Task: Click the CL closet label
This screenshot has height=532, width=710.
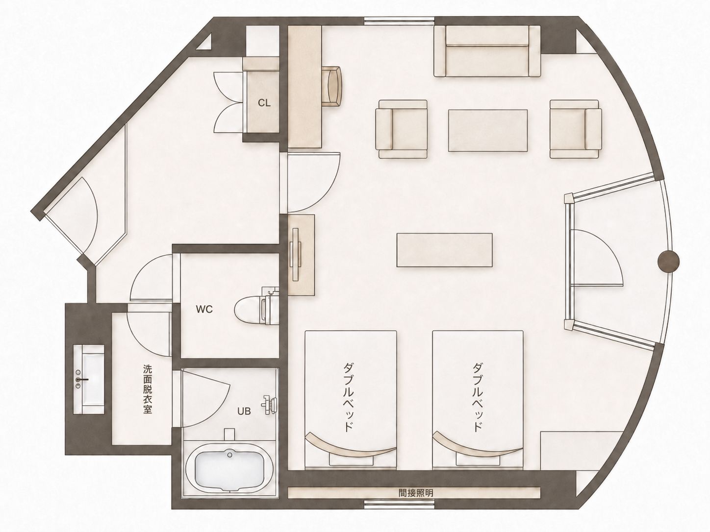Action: pos(264,103)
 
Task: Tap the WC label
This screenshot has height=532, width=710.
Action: pos(204,309)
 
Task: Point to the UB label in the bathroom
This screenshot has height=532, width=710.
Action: pos(244,411)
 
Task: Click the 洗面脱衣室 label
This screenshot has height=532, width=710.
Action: pos(148,389)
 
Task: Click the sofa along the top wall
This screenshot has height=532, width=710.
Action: pos(487,51)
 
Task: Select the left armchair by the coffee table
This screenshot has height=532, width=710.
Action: pos(401,129)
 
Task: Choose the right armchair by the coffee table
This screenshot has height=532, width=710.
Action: pos(576,129)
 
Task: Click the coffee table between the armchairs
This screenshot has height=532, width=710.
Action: pos(488,130)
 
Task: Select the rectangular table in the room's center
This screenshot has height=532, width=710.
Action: pos(445,250)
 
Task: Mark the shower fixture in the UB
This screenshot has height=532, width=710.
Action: pos(270,404)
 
